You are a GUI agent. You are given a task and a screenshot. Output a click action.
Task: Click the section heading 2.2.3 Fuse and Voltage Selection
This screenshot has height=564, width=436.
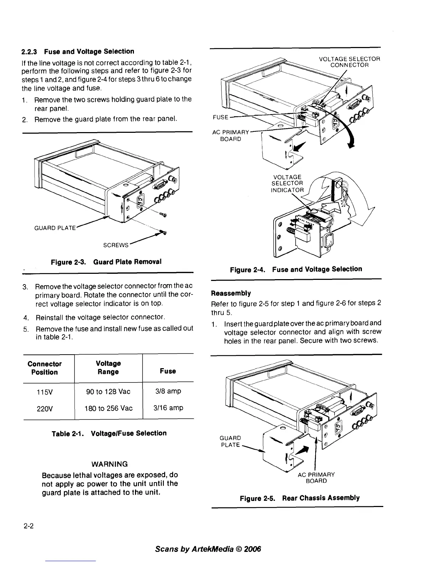point(78,52)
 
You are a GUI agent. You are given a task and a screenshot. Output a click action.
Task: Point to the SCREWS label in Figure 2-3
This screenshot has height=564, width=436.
point(115,245)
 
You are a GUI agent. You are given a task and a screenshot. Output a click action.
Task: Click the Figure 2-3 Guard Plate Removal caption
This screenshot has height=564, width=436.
point(106,262)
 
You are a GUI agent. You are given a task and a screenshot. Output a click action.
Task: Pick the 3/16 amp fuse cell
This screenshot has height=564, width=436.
point(168,408)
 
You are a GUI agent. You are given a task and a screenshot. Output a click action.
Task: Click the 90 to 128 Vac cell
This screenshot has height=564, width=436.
point(108,392)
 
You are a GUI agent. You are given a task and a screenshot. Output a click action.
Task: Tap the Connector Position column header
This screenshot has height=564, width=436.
point(45,368)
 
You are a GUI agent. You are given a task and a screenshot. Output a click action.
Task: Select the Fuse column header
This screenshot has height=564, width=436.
point(168,371)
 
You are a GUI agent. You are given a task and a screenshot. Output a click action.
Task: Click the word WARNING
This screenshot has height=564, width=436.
point(110,464)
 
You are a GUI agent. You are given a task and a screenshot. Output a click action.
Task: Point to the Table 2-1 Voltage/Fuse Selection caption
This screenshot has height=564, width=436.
point(109,433)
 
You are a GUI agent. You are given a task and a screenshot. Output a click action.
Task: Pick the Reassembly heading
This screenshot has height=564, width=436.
point(231,293)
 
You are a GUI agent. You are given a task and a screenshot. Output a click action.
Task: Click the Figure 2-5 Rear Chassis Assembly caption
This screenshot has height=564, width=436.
point(300,498)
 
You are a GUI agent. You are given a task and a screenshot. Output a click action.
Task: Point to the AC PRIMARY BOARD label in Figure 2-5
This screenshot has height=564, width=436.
point(316,478)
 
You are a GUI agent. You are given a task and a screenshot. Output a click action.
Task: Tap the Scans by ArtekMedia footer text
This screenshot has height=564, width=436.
point(208,549)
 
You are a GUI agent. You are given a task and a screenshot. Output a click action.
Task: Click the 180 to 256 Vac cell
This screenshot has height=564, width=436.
point(108,408)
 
